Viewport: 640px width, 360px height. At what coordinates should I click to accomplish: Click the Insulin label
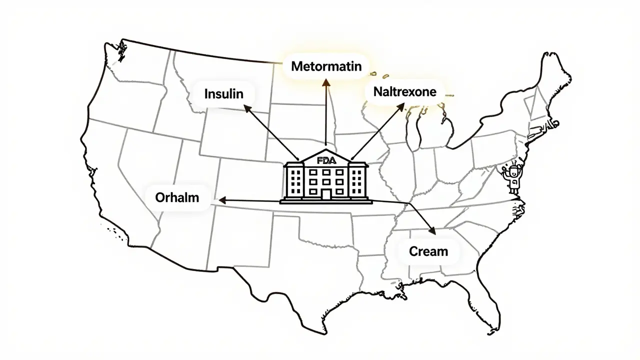223,93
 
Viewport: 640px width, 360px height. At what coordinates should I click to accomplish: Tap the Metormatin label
325,66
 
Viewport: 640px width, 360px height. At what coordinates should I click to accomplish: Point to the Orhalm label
176,197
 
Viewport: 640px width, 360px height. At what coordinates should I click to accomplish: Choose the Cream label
428,251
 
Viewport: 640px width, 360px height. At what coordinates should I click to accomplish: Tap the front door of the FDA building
325,193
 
